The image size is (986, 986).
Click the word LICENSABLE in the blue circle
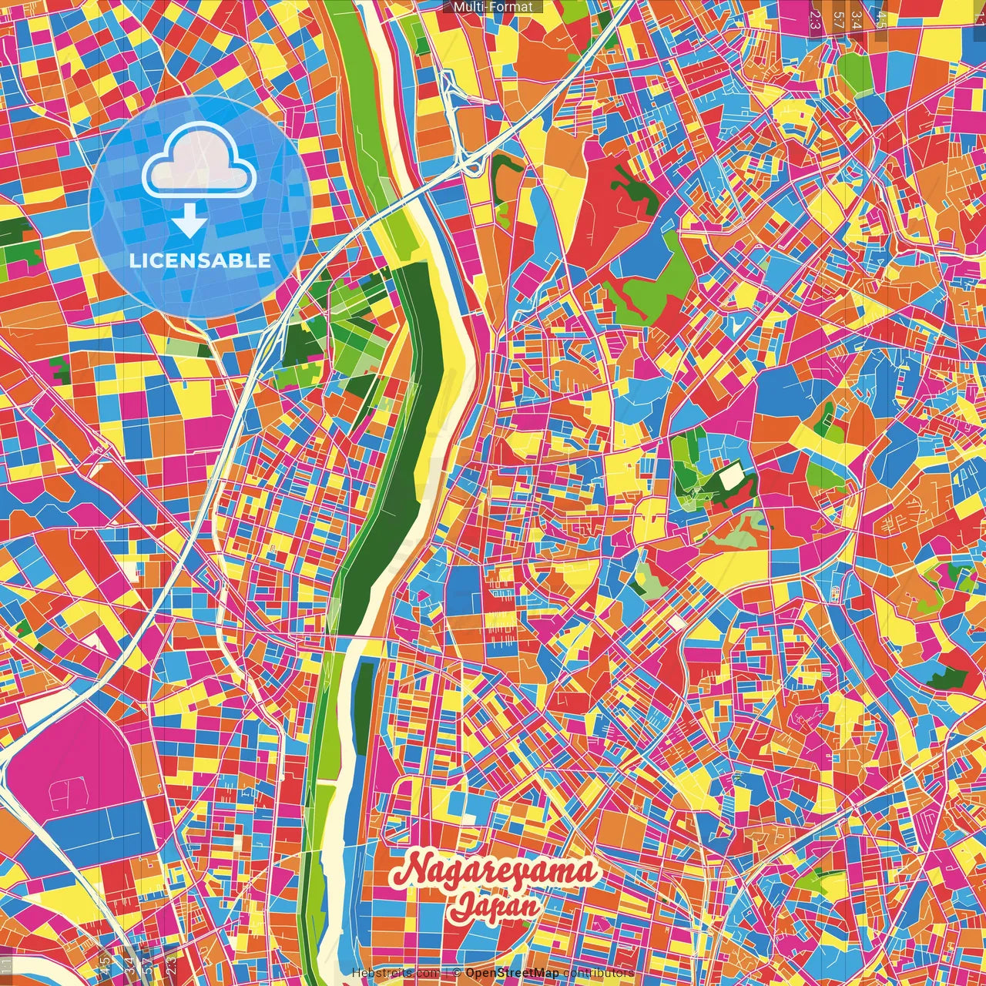coord(200,260)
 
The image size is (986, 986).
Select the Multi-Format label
coord(493,7)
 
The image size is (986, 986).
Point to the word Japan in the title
coord(495,907)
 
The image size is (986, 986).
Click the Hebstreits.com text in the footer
coord(395,973)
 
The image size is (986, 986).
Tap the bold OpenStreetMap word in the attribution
coord(511,973)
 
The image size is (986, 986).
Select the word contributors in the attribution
coord(598,973)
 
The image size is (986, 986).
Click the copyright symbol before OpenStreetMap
coord(457,973)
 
